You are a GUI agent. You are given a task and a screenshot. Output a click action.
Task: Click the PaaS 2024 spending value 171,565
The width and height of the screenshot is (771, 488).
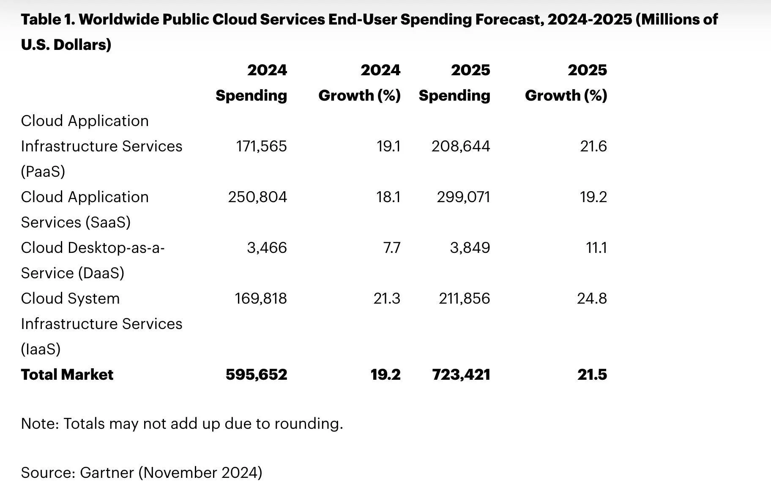coord(261,146)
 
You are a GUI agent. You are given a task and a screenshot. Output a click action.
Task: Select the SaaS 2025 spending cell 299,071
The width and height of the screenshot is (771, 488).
coord(463,197)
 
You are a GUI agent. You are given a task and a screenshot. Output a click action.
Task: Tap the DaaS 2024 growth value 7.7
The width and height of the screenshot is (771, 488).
coord(391,248)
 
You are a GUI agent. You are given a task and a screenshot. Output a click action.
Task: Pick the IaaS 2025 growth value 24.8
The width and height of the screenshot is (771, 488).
coord(592,299)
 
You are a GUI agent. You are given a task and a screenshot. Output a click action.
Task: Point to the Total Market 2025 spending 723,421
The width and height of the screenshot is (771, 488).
coord(461,375)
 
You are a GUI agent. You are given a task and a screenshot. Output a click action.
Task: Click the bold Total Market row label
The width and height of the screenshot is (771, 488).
coord(67,375)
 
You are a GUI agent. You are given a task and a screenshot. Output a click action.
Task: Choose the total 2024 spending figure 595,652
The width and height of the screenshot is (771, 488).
coord(256,375)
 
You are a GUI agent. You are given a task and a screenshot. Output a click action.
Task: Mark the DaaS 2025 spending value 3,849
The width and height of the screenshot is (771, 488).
coord(470,248)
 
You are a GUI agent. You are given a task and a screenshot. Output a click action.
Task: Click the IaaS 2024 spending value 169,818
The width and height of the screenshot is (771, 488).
coord(260,299)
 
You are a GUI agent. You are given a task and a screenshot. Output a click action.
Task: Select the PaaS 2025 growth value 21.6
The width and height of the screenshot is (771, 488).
coord(593,146)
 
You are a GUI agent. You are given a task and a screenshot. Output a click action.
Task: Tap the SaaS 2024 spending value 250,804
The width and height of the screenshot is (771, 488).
coord(257,197)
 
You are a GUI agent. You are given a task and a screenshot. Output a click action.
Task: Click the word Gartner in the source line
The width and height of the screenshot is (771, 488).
coord(107,472)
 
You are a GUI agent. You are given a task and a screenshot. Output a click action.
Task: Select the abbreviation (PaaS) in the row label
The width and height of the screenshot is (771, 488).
coord(43,172)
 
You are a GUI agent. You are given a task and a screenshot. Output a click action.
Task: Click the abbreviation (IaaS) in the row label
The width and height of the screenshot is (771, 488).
coord(41,349)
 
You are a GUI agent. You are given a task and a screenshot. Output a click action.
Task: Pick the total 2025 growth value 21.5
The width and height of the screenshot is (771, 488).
coord(592,375)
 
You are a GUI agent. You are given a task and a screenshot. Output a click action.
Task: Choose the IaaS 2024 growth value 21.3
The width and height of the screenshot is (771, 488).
coord(386,299)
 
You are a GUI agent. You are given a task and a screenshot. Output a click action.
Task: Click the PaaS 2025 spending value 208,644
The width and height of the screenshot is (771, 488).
coord(461,146)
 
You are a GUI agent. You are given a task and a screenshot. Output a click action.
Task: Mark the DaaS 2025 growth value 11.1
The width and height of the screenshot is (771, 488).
coord(596,248)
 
